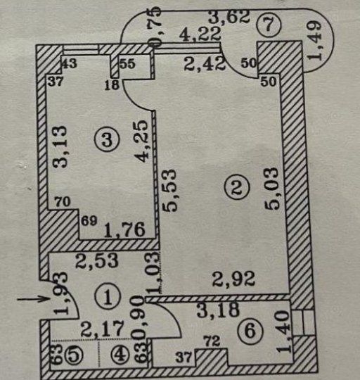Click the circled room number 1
(x=108, y=297)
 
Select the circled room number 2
(x=236, y=187)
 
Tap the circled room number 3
(x=107, y=139)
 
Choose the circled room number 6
(x=250, y=331)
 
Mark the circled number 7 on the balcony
(x=269, y=25)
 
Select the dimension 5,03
(x=272, y=189)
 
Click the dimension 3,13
(x=60, y=146)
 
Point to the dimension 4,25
(x=141, y=141)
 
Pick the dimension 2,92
(x=233, y=279)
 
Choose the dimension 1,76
(x=125, y=229)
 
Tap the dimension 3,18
(x=218, y=310)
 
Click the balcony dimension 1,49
(x=314, y=41)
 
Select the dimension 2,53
(x=97, y=260)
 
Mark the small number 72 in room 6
(x=212, y=341)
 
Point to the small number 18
(x=112, y=85)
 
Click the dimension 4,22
(x=200, y=34)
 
